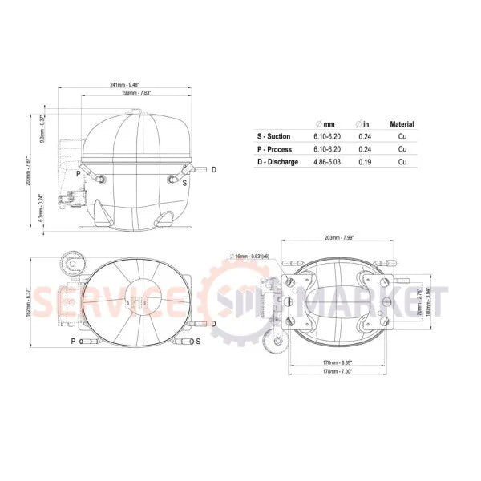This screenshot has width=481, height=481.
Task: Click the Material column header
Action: [x=402, y=125]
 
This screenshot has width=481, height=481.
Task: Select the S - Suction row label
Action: [x=274, y=137]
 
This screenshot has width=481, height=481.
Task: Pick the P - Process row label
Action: [x=274, y=149]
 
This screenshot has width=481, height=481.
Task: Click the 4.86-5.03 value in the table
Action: [x=328, y=162]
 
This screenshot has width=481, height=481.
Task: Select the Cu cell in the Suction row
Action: [x=402, y=137]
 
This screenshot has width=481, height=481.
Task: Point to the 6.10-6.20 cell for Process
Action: [x=328, y=149]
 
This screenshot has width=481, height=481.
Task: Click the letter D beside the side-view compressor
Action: [x=212, y=170]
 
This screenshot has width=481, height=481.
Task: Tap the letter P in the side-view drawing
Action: [x=78, y=173]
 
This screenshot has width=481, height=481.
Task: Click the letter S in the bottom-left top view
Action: [x=198, y=341]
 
